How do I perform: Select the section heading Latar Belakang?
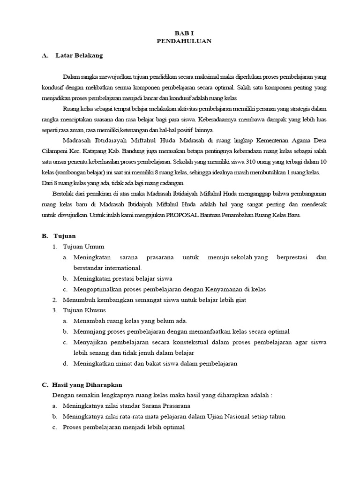click(79, 55)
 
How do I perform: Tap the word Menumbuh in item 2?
click(75, 300)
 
